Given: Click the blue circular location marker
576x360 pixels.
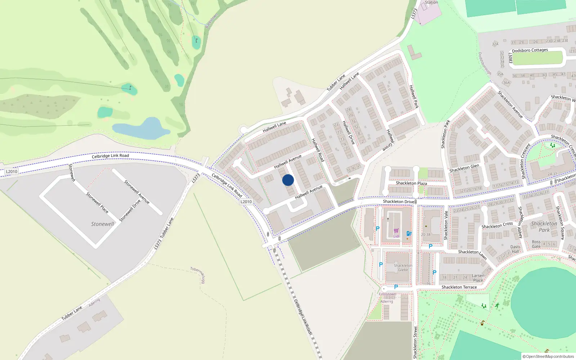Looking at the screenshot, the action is click(x=288, y=180).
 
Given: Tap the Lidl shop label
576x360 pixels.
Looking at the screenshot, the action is click(x=396, y=237).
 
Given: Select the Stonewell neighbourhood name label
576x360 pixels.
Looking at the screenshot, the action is click(x=102, y=224).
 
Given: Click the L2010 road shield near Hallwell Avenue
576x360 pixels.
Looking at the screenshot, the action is click(x=246, y=202).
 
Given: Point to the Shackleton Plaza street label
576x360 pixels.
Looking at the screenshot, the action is click(x=411, y=183).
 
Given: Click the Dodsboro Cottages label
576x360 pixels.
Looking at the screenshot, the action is click(x=530, y=50).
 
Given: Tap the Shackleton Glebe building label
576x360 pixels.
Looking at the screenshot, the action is click(x=403, y=267).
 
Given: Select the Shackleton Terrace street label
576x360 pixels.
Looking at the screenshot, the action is click(x=459, y=287).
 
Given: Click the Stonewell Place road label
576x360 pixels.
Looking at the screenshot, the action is click(x=97, y=202).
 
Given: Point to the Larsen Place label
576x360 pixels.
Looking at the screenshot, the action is click(x=478, y=278).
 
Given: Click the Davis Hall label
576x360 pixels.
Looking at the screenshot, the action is click(x=516, y=249).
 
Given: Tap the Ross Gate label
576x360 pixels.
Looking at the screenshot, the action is click(x=536, y=244).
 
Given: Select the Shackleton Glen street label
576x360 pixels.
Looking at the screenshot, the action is click(x=464, y=168).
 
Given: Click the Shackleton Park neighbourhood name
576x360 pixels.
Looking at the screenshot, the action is click(x=544, y=226).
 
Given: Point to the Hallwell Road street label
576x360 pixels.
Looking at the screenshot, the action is click(x=318, y=150).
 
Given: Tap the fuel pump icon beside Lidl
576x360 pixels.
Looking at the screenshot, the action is click(x=409, y=233).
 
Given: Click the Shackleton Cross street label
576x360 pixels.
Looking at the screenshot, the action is click(x=497, y=225).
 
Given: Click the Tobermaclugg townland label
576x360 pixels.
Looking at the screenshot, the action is click(x=198, y=275).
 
